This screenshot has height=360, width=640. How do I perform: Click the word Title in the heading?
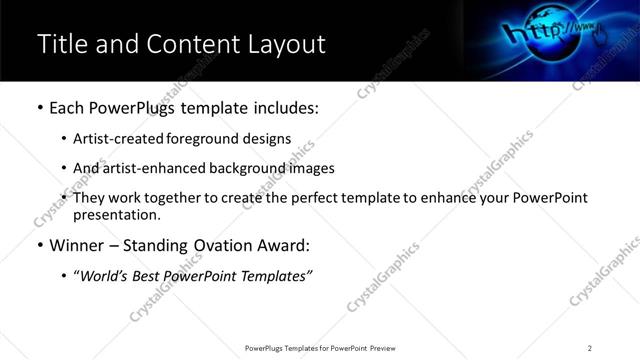(x=60, y=45)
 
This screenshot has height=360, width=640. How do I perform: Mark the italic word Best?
(x=151, y=276)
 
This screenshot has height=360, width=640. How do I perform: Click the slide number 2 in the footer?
(x=590, y=347)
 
